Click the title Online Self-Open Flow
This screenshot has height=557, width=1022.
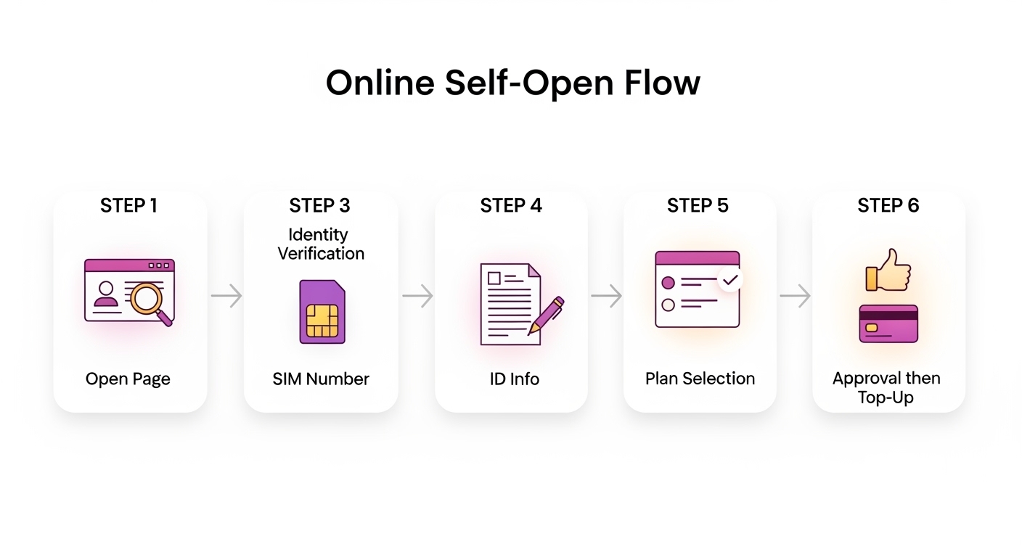click(512, 83)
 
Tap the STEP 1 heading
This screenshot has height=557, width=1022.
click(128, 206)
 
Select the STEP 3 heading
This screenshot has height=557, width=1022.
click(319, 206)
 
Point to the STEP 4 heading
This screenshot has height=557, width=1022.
click(511, 206)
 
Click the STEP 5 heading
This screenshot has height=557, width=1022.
click(698, 206)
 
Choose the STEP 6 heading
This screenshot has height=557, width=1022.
click(888, 206)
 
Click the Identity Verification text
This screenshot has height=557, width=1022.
click(320, 244)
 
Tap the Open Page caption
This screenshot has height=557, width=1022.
click(128, 379)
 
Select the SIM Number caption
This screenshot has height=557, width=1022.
click(321, 379)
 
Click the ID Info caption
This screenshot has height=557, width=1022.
click(514, 379)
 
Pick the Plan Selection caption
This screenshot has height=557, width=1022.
click(700, 379)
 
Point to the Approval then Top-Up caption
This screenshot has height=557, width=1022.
click(886, 388)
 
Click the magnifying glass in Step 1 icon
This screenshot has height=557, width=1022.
click(150, 299)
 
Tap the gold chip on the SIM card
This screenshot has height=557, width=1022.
click(322, 321)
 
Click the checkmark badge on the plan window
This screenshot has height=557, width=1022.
click(729, 279)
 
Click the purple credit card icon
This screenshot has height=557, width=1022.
click(888, 323)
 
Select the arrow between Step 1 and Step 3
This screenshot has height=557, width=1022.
click(226, 296)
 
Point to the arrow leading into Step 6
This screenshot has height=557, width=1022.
click(795, 296)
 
